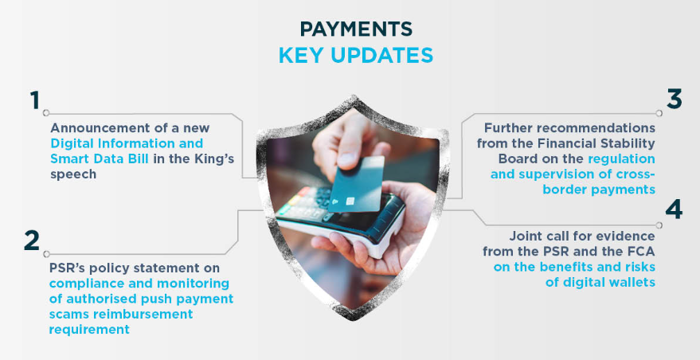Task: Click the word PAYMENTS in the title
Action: [x=356, y=29]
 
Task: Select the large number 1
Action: [x=35, y=100]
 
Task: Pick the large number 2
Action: [x=32, y=241]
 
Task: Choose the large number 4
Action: [x=674, y=209]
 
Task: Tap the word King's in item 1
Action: [x=217, y=158]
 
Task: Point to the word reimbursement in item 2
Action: [x=143, y=314]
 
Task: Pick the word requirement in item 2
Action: [x=89, y=330]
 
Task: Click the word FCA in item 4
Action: [x=640, y=252]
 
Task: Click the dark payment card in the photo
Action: [x=356, y=183]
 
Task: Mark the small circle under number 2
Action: [x=46, y=254]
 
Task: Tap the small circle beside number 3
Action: [x=659, y=113]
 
